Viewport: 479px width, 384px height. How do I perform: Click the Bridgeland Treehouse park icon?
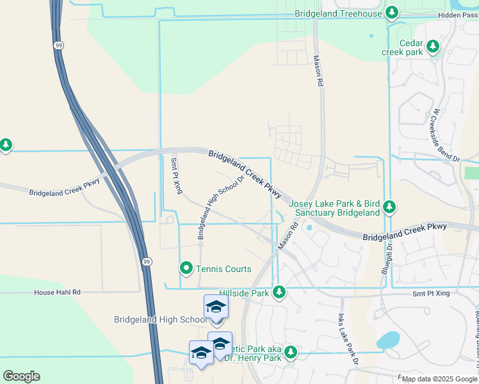392,13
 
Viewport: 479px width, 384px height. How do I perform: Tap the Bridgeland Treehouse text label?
339,13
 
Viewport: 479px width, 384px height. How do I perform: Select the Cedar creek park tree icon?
434,46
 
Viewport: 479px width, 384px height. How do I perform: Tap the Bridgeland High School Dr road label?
222,207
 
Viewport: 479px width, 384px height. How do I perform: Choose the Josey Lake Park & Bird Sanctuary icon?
389,207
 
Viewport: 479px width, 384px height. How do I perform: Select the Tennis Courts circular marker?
186,268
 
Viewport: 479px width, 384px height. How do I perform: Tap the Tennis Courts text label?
224,269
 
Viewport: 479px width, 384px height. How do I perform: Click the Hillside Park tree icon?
279,292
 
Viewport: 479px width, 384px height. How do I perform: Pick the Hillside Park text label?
244,292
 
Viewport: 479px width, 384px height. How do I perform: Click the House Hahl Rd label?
58,292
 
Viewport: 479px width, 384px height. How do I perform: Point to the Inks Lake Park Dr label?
346,340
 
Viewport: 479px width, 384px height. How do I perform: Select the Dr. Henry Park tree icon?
290,353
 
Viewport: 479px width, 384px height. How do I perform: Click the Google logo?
21,376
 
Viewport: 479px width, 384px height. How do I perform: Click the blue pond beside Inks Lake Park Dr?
388,340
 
